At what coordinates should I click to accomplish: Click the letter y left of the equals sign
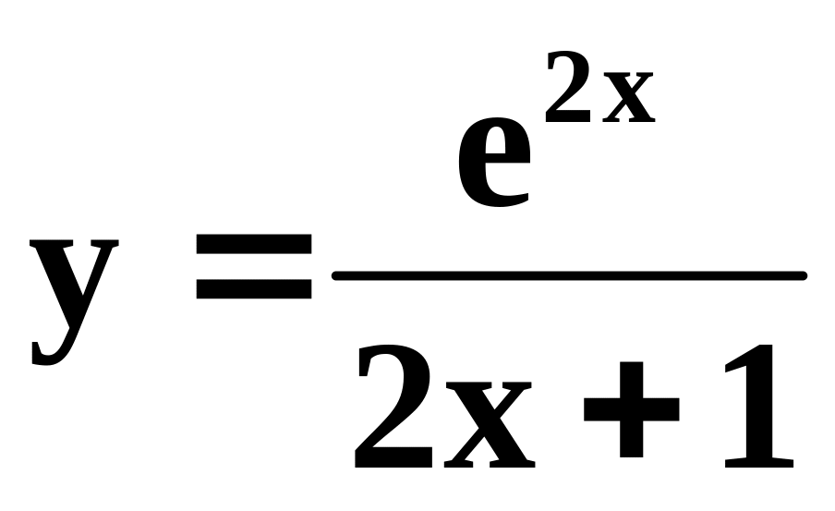(x=74, y=291)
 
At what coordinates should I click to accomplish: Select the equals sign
(x=253, y=267)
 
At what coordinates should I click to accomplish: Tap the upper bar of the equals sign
(x=253, y=243)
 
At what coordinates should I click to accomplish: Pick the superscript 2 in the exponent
(x=572, y=88)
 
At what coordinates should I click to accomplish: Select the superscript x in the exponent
(x=628, y=97)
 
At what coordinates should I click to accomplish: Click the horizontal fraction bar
(x=569, y=275)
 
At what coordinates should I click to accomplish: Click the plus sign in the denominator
(x=632, y=409)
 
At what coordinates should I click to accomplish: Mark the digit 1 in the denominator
(x=754, y=407)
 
